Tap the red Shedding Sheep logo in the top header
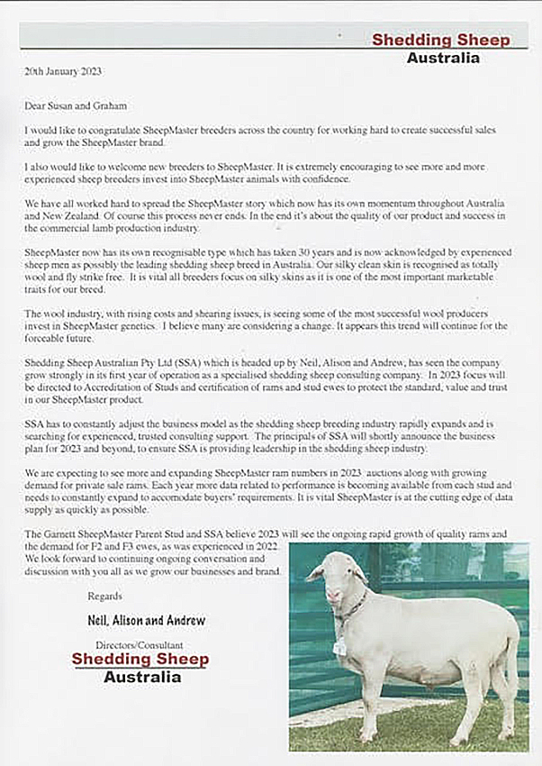pos(440,41)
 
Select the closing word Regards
pos(104,597)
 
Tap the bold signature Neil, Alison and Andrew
pos(146,620)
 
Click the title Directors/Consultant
pos(139,645)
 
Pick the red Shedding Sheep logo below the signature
pos(140,660)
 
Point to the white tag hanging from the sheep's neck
pos(339,646)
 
